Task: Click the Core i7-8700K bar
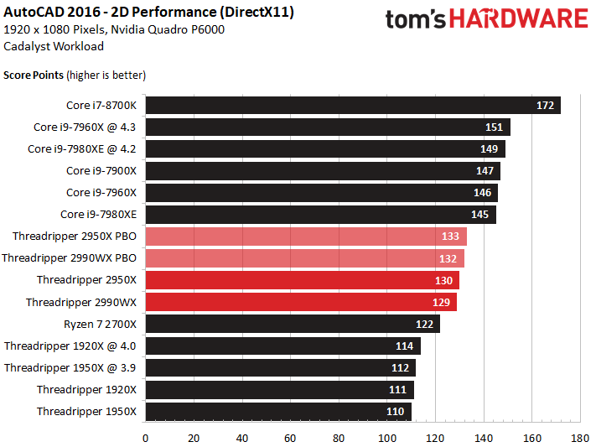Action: click(353, 105)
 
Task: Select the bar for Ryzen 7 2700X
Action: click(293, 324)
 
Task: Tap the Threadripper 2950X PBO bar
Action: click(306, 236)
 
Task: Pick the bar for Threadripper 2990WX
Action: click(301, 302)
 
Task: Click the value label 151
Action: click(494, 127)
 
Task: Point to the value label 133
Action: click(450, 236)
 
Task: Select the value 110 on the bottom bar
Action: click(396, 411)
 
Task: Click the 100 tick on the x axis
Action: click(387, 439)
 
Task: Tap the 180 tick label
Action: click(580, 439)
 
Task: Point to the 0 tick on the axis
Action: click(146, 439)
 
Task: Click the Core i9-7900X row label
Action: click(101, 171)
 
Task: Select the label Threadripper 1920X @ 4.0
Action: click(70, 346)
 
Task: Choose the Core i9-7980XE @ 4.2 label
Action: click(81, 148)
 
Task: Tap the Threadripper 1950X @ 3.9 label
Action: click(70, 368)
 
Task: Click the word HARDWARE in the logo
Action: click(519, 18)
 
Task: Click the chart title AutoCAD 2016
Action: click(53, 13)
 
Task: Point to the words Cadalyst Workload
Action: click(54, 46)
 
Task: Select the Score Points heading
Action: click(34, 75)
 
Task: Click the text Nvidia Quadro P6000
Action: click(168, 29)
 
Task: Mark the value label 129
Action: click(441, 302)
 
